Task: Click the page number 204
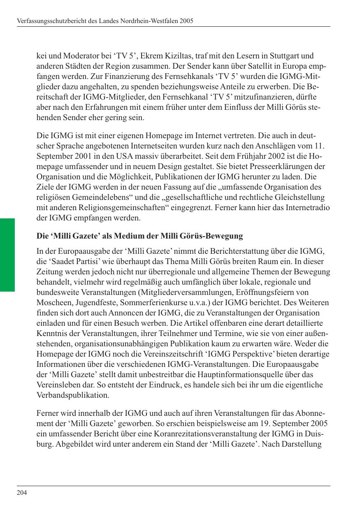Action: pos(22,493)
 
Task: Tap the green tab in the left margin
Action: pos(7,255)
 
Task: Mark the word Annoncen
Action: pos(125,313)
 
